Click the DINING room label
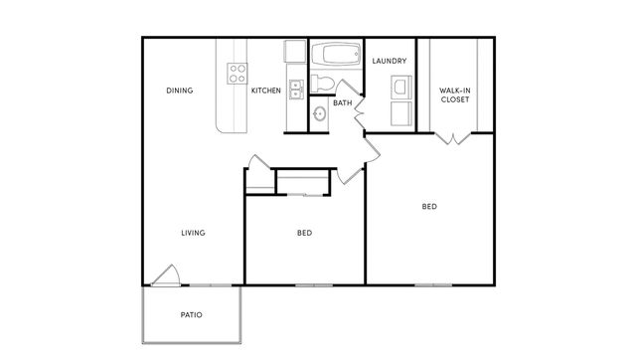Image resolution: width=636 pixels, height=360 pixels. click(x=179, y=90)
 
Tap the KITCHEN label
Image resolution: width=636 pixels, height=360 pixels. click(x=266, y=90)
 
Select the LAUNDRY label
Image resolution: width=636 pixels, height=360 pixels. click(x=390, y=61)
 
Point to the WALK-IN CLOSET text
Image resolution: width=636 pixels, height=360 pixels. click(x=455, y=94)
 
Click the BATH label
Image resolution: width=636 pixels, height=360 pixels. click(x=343, y=103)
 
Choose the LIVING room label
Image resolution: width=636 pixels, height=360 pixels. click(x=193, y=233)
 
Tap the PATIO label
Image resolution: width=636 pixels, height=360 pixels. click(x=192, y=315)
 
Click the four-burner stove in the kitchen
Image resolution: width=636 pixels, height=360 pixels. click(x=238, y=74)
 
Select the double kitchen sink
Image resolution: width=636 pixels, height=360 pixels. click(x=296, y=90)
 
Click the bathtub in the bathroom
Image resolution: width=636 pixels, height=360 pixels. click(x=336, y=54)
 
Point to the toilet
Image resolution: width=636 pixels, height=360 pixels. click(x=322, y=84)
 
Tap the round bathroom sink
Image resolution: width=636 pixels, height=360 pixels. click(x=319, y=113)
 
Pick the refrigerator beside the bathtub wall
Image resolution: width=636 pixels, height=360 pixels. click(x=295, y=51)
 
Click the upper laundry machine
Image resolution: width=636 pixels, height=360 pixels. click(x=401, y=88)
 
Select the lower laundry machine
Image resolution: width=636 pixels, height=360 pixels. click(x=401, y=113)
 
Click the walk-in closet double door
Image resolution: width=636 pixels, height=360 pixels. click(x=453, y=139)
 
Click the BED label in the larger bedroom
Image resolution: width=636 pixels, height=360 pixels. click(x=429, y=207)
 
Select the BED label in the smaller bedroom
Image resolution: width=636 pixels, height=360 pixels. click(x=305, y=233)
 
